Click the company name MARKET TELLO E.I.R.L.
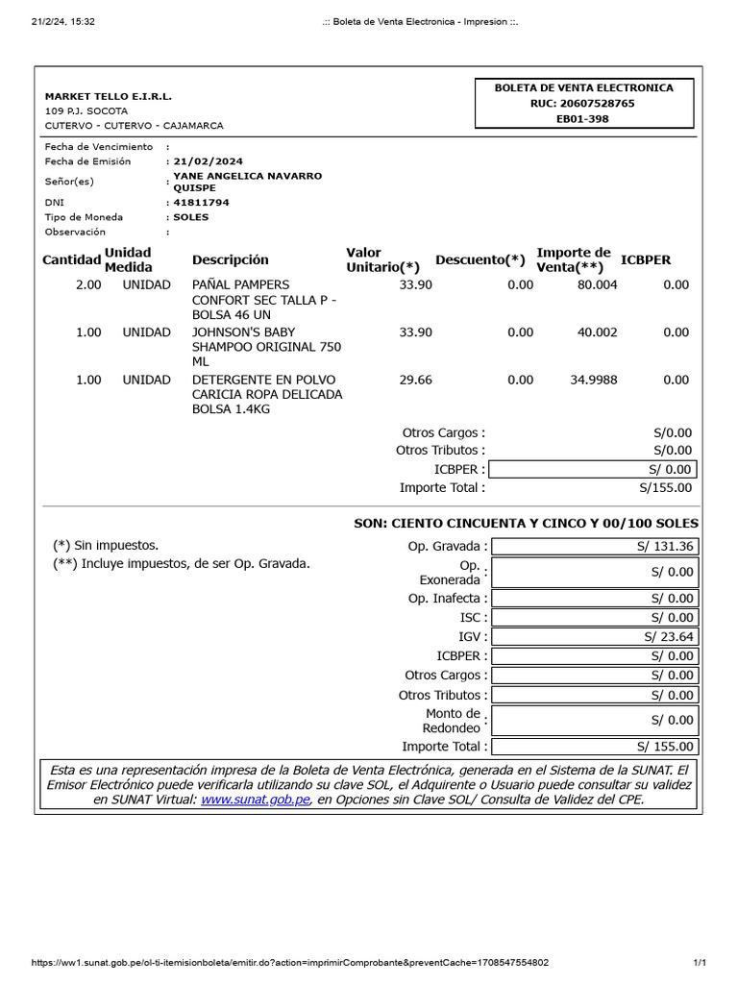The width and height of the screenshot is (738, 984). point(109,96)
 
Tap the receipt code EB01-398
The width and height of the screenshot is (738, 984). point(583,119)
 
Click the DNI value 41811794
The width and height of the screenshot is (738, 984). point(201,203)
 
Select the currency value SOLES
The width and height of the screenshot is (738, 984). point(191,217)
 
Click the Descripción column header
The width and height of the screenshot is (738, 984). point(231,260)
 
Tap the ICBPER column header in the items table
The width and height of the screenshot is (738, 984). point(646,260)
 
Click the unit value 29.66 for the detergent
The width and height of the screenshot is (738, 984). point(416,381)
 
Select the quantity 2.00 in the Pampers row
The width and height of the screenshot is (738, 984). point(88,285)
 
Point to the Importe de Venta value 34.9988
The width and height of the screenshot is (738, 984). point(594,381)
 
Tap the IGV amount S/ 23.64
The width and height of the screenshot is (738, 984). point(671,636)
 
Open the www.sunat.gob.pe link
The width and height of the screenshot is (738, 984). point(256,799)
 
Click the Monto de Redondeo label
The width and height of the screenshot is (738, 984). point(453,721)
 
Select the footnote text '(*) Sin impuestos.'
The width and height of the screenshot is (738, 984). point(106,545)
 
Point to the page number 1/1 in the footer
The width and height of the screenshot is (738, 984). point(699,962)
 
